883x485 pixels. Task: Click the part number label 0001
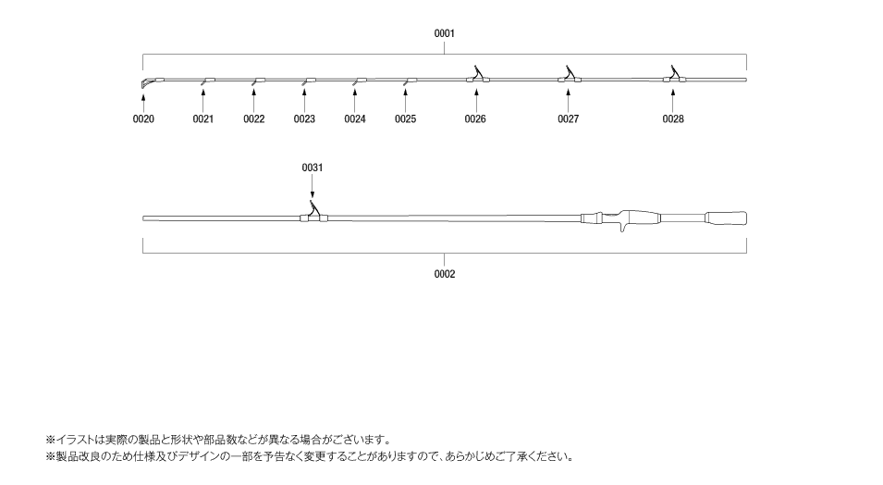(x=445, y=34)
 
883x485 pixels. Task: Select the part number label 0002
(x=445, y=275)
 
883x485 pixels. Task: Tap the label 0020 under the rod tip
(x=143, y=119)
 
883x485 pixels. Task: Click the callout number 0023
(x=304, y=119)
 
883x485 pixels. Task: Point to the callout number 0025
(x=406, y=119)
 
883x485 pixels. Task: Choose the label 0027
(x=569, y=119)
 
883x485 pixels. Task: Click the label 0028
(x=673, y=119)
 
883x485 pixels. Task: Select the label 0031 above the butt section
(x=313, y=168)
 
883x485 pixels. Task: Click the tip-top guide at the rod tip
(x=145, y=83)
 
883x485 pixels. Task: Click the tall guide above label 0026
(x=478, y=75)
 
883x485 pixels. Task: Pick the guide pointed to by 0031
(x=314, y=212)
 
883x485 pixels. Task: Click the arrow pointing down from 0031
(x=313, y=186)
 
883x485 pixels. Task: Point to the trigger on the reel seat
(x=622, y=228)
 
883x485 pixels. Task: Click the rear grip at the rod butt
(x=727, y=218)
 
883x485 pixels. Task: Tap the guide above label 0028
(x=674, y=75)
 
